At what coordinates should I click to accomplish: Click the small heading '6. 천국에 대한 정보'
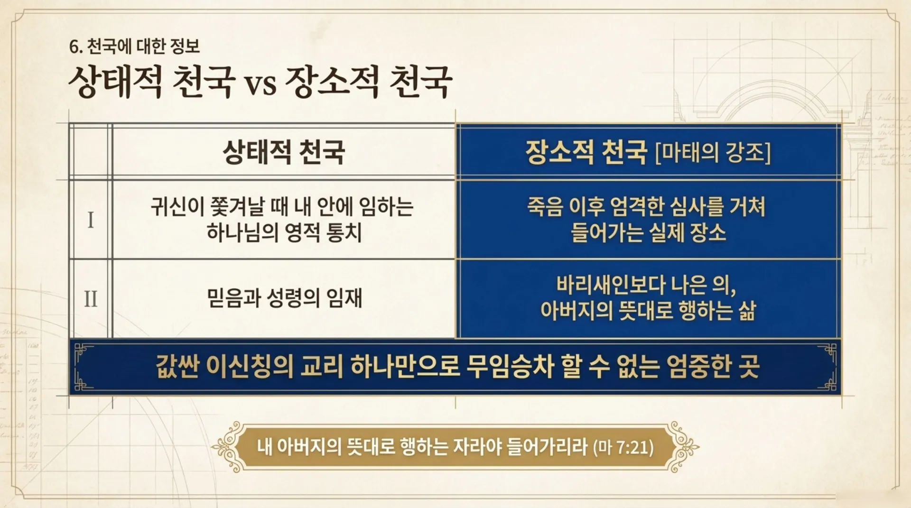(134, 46)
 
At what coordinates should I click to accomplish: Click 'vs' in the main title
(260, 84)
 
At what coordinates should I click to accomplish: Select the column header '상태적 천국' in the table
(284, 152)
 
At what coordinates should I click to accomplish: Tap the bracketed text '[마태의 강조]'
(713, 152)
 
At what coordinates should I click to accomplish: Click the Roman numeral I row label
(91, 220)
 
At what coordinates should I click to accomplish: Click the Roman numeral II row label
(91, 299)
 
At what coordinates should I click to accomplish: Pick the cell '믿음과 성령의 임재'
(284, 298)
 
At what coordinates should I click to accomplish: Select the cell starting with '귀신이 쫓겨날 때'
(283, 219)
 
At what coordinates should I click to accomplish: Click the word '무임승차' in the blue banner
(510, 366)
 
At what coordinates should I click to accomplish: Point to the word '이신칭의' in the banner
(250, 366)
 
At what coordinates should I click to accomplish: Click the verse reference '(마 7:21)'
(623, 447)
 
